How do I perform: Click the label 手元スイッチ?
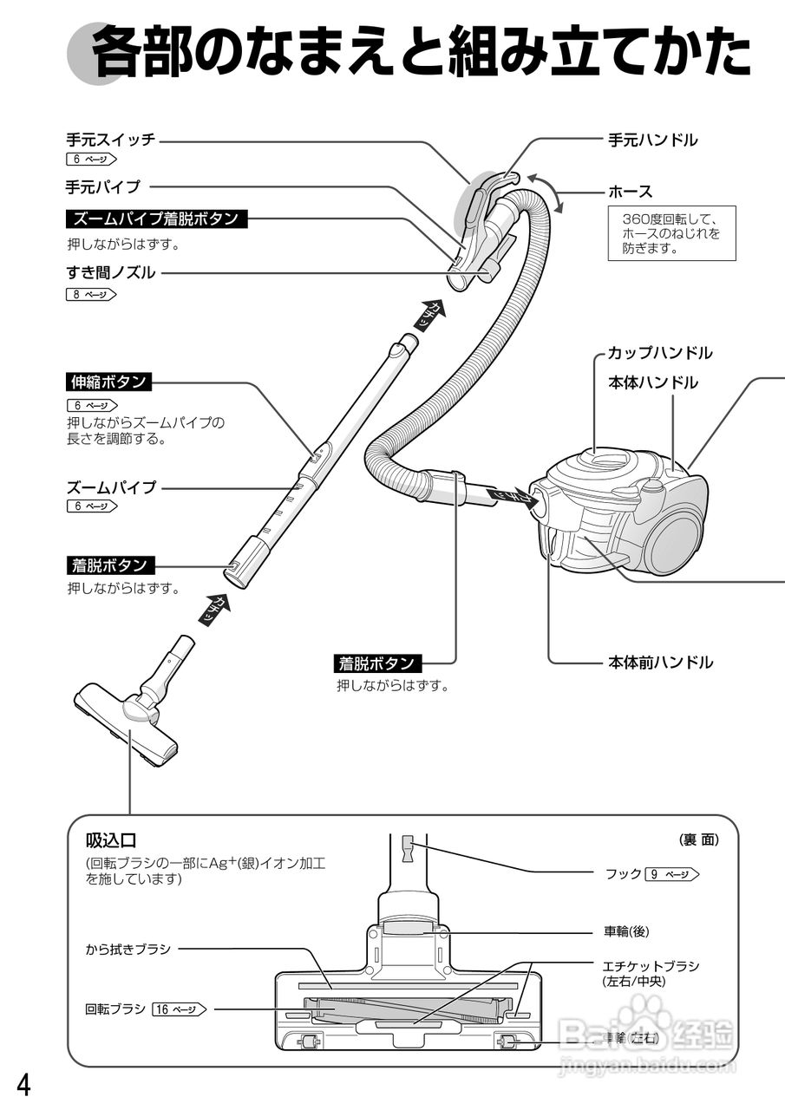(110, 140)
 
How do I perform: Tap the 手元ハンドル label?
(652, 140)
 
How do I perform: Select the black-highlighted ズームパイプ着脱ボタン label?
(156, 219)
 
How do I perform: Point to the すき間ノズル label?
(111, 273)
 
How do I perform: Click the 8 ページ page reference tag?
(90, 295)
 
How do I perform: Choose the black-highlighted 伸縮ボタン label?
(108, 382)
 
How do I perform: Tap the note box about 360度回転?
(671, 229)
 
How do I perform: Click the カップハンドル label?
(659, 353)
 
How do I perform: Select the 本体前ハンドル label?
(660, 663)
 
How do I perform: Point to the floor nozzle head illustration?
(127, 720)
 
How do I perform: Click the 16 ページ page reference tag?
(180, 1009)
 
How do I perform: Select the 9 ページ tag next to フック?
(672, 874)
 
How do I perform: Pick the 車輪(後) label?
(626, 931)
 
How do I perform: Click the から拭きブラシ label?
(128, 949)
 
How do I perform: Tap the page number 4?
(24, 1085)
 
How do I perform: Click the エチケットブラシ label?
(651, 966)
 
